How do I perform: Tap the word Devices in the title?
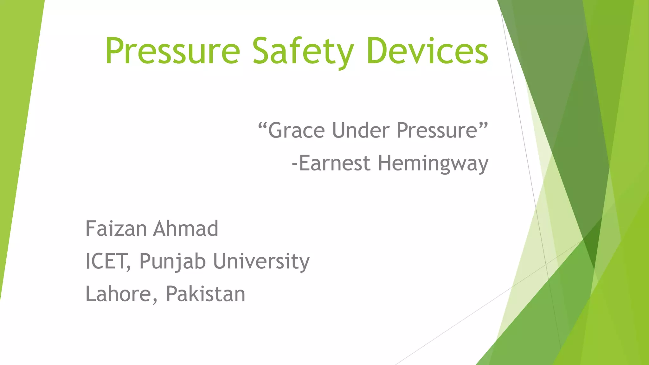pyautogui.click(x=427, y=51)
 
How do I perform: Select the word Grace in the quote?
pyautogui.click(x=296, y=131)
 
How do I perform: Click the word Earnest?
pyautogui.click(x=335, y=163)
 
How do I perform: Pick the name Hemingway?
pyautogui.click(x=433, y=163)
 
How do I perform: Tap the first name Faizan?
pyautogui.click(x=116, y=228)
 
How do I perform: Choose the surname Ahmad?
pyautogui.click(x=186, y=228)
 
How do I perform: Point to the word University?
pyautogui.click(x=261, y=262)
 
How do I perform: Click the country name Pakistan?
pyautogui.click(x=206, y=294)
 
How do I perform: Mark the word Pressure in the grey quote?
pyautogui.click(x=437, y=131)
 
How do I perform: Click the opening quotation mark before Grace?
pyautogui.click(x=262, y=126)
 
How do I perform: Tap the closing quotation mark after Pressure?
pyautogui.click(x=483, y=126)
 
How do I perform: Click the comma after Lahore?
pyautogui.click(x=155, y=301)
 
